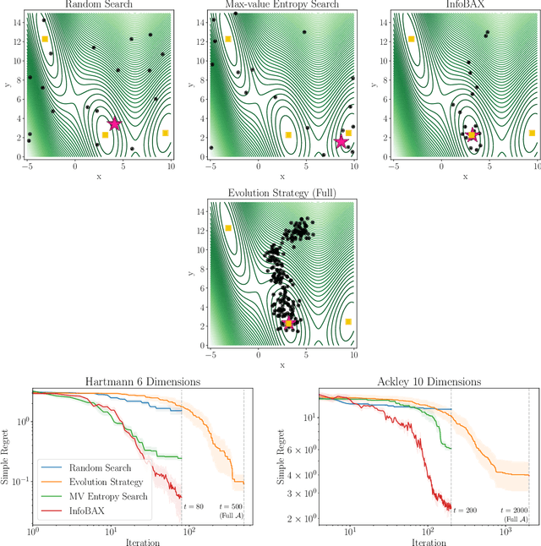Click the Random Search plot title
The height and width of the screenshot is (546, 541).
[98, 5]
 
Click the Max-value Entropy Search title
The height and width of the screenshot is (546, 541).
[281, 5]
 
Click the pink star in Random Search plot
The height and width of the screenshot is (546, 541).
[114, 124]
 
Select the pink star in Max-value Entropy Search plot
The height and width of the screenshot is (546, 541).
[342, 141]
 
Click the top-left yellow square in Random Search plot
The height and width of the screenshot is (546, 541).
[45, 40]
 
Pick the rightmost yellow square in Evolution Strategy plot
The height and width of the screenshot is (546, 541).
[348, 322]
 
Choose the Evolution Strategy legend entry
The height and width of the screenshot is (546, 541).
[99, 480]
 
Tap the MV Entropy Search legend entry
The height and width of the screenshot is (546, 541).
[99, 494]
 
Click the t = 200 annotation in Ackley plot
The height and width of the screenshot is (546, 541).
[467, 511]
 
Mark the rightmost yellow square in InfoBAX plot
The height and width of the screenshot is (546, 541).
[532, 133]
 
